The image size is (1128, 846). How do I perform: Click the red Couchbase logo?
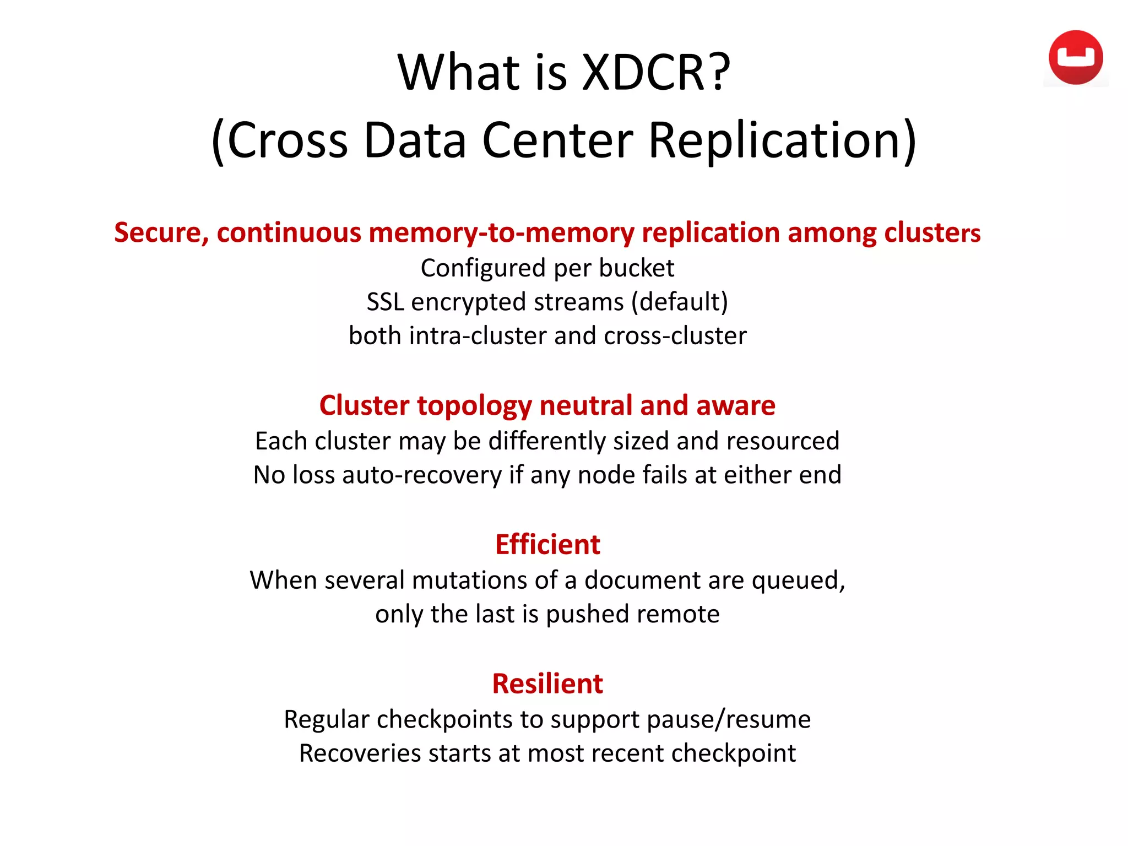tap(1075, 57)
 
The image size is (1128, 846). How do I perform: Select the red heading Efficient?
tap(547, 544)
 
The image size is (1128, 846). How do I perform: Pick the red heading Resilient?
tap(547, 684)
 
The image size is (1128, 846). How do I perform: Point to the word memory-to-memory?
tap(501, 232)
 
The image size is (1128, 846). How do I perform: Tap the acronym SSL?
tap(385, 302)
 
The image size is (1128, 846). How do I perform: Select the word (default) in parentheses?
tap(680, 302)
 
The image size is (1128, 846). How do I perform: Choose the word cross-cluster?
tap(675, 335)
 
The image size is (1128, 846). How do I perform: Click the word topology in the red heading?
tap(475, 405)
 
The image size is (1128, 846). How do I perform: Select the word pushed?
tap(585, 614)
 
